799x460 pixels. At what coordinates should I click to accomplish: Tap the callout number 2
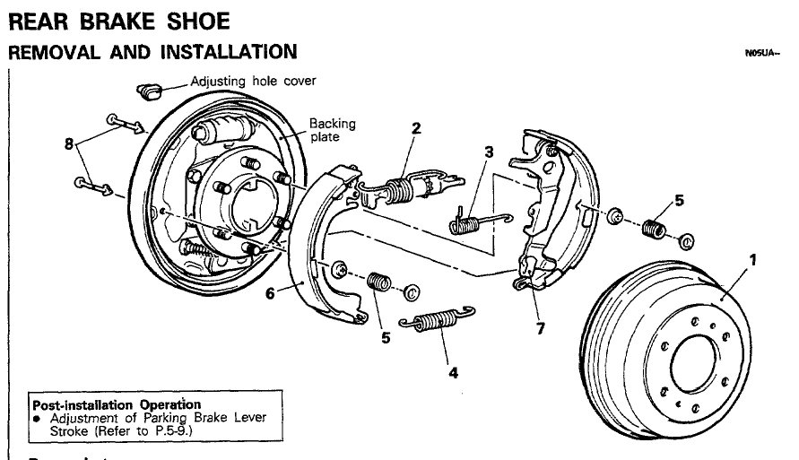click(x=416, y=129)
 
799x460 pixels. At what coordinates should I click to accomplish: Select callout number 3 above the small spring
click(x=488, y=152)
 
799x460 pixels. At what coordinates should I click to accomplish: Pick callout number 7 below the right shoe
click(x=539, y=328)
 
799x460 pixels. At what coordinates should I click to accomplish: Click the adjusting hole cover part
click(x=147, y=90)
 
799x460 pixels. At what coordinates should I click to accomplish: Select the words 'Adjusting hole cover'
click(x=252, y=81)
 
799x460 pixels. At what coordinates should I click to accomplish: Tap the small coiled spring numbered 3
click(x=473, y=219)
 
